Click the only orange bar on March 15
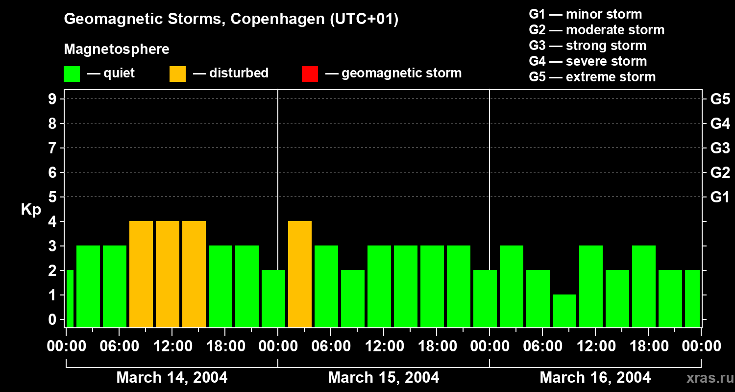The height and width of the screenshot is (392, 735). [x=300, y=274]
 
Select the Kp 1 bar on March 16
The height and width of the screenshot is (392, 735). [x=564, y=311]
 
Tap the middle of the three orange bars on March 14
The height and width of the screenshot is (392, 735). [x=168, y=274]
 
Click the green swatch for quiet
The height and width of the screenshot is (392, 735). [x=72, y=74]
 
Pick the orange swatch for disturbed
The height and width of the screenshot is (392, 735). [x=177, y=74]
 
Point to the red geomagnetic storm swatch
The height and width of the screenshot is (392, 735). [x=310, y=74]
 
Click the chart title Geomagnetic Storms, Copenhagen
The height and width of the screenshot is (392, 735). [x=231, y=19]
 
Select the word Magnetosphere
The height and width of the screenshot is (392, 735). [x=117, y=49]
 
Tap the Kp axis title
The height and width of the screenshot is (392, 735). [x=31, y=210]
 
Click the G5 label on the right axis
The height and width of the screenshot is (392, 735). [x=720, y=99]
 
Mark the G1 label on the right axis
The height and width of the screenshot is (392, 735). [x=720, y=197]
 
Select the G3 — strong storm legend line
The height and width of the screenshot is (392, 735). [x=588, y=46]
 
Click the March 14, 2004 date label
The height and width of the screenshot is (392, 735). [x=171, y=377]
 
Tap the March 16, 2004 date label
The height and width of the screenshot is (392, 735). [x=595, y=377]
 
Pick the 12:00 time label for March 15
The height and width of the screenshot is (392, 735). [x=384, y=346]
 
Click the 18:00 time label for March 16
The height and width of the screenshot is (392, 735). [x=648, y=346]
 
